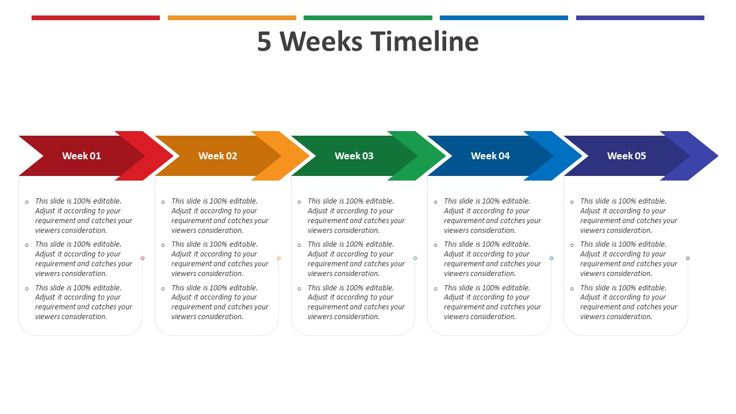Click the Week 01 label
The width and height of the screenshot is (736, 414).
pyautogui.click(x=82, y=156)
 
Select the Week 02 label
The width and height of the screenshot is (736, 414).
pyautogui.click(x=218, y=156)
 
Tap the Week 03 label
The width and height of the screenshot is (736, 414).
pyautogui.click(x=354, y=156)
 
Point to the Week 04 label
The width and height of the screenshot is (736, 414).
pyautogui.click(x=490, y=156)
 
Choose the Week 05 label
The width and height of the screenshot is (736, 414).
pyautogui.click(x=627, y=156)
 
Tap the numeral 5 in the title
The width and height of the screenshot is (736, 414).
pyautogui.click(x=264, y=42)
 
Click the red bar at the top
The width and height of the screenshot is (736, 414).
pyautogui.click(x=95, y=18)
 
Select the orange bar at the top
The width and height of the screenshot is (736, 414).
pyautogui.click(x=232, y=18)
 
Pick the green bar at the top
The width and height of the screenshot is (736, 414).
pyautogui.click(x=368, y=18)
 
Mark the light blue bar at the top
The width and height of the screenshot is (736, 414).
pyautogui.click(x=504, y=18)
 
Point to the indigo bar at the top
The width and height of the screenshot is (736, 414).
pyautogui.click(x=640, y=18)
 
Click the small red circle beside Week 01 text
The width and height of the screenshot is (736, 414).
pyautogui.click(x=143, y=258)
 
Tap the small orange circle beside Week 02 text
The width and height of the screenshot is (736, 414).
pyautogui.click(x=279, y=258)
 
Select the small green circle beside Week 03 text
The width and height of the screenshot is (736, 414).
pyautogui.click(x=415, y=258)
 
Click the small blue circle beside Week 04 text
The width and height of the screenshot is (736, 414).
pyautogui.click(x=551, y=258)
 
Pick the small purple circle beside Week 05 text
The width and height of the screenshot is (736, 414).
pyautogui.click(x=688, y=258)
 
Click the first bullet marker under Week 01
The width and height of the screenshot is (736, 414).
pyautogui.click(x=27, y=202)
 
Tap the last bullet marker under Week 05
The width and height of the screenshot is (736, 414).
pyautogui.click(x=572, y=289)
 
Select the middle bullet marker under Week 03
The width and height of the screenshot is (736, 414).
pyautogui.click(x=300, y=245)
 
